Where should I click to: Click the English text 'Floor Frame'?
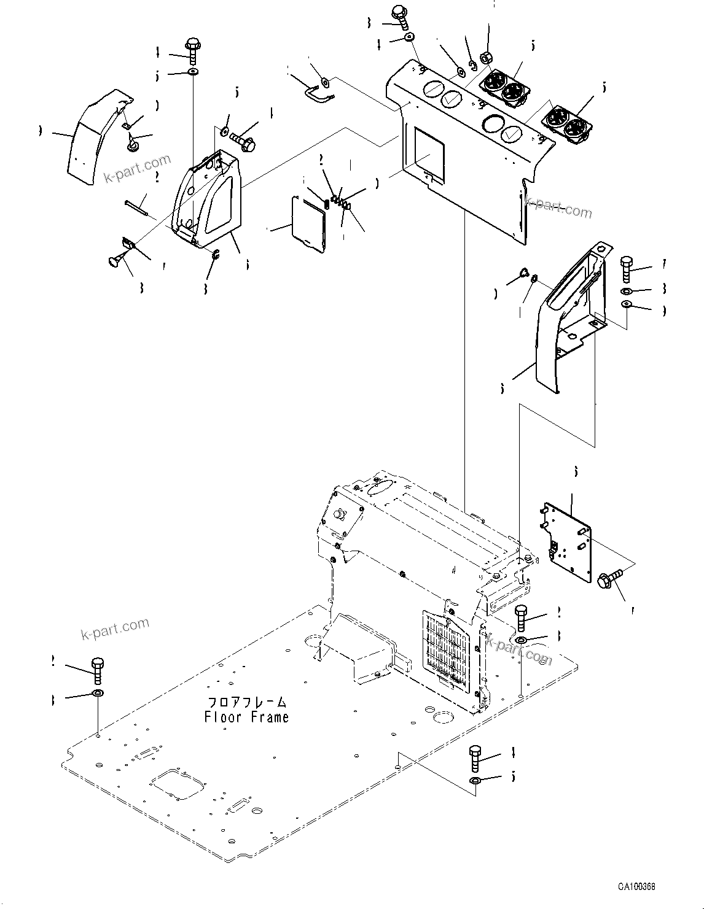pyautogui.click(x=246, y=716)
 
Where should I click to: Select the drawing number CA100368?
pyautogui.click(x=637, y=888)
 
